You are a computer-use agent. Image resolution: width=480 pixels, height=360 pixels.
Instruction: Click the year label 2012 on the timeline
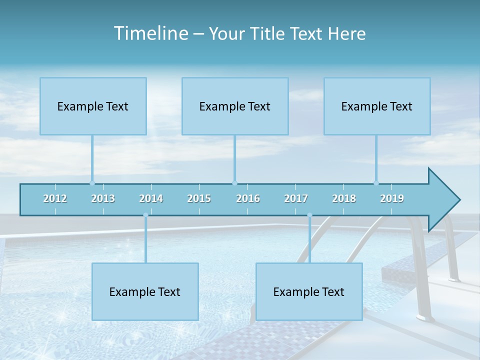tap(55, 198)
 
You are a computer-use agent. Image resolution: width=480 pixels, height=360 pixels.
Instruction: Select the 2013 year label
tap(103, 198)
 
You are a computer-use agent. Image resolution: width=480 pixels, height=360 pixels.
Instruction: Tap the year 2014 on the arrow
tap(151, 198)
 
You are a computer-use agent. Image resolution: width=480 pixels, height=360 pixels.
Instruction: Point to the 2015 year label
tap(199, 198)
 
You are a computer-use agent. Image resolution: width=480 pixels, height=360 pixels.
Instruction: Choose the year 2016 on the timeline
tap(248, 198)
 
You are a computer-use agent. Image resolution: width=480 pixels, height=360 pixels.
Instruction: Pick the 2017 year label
tap(296, 198)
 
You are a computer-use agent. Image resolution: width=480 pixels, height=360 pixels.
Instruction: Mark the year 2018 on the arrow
tap(344, 198)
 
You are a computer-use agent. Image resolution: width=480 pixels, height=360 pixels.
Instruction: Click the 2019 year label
tap(392, 198)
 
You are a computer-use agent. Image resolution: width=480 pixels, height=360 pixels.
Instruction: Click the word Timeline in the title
tap(150, 33)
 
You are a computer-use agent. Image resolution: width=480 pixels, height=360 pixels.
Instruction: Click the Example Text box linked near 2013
tap(93, 106)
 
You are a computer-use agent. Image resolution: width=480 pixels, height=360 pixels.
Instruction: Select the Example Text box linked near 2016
tap(235, 106)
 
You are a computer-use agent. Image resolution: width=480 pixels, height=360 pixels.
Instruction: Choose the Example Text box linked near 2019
tap(377, 106)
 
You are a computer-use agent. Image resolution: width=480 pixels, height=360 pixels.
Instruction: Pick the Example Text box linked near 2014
tap(145, 291)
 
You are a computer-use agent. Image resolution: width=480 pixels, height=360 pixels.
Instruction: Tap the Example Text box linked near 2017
tap(309, 291)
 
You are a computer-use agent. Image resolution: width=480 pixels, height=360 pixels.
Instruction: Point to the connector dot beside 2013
tap(92, 183)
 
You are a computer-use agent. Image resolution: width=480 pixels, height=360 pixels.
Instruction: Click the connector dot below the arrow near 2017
tap(309, 215)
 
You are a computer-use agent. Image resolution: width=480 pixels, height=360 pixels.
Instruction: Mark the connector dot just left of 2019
tap(376, 183)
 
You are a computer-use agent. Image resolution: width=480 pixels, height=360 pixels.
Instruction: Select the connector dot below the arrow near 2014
tap(145, 215)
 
